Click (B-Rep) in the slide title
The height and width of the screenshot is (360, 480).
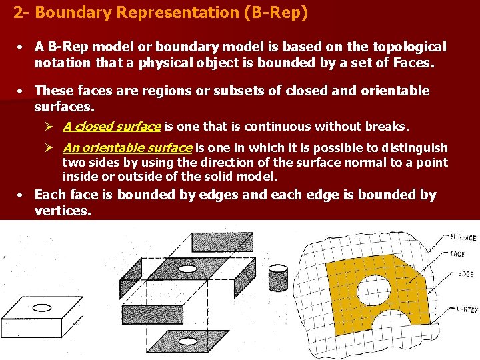(x=274, y=13)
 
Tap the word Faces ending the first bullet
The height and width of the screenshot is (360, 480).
(x=411, y=64)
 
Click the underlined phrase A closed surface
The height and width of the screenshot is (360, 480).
(x=111, y=127)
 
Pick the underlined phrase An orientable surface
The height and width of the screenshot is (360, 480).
(x=127, y=148)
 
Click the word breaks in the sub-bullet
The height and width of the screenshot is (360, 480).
(x=387, y=127)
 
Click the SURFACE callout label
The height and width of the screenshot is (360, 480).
(x=463, y=237)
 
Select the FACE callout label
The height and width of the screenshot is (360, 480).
(x=457, y=254)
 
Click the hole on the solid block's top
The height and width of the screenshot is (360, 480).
(x=42, y=308)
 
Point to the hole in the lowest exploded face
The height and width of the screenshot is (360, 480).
(x=188, y=341)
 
